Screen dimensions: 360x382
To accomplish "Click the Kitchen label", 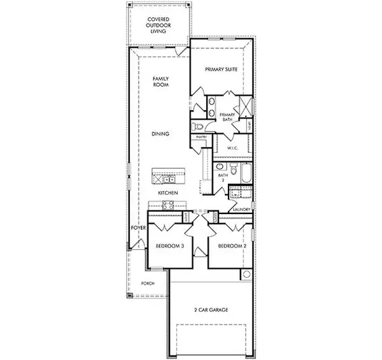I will pos(167,193).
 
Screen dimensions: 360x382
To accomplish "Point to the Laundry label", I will pos(241,209).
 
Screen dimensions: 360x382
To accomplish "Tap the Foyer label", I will pos(139,227).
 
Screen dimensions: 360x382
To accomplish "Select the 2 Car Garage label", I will pos(211,310).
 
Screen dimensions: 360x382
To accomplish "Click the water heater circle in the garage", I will pos(246,274).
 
